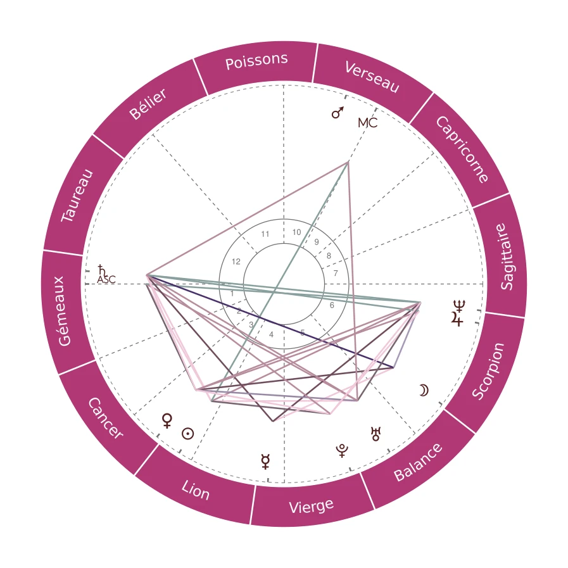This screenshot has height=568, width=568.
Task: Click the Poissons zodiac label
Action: pyautogui.click(x=256, y=61)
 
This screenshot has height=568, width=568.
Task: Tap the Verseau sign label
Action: pyautogui.click(x=372, y=77)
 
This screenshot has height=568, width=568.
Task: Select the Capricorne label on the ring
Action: pyautogui.click(x=462, y=149)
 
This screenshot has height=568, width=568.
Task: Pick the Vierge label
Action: pyautogui.click(x=311, y=506)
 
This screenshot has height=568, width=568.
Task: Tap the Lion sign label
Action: pyautogui.click(x=195, y=490)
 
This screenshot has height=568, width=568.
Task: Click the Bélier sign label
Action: pyautogui.click(x=148, y=104)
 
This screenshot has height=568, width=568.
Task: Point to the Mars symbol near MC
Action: pyautogui.click(x=338, y=113)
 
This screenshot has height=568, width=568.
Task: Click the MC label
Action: pyautogui.click(x=367, y=123)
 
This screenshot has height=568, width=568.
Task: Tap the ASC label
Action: pyautogui.click(x=106, y=279)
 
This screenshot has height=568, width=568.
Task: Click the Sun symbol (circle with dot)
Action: pyautogui.click(x=187, y=434)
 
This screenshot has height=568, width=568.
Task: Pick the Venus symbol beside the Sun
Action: pyautogui.click(x=167, y=420)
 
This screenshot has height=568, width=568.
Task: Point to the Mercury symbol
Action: pyautogui.click(x=265, y=462)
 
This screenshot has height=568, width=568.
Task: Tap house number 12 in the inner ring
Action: pyautogui.click(x=236, y=262)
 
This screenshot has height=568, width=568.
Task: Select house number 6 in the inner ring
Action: pyautogui.click(x=332, y=305)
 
